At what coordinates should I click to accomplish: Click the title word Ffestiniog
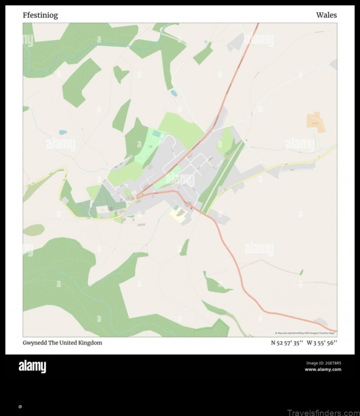tap(40, 15)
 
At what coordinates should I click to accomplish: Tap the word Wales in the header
tap(326, 15)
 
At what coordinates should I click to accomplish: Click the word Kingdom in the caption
tap(90, 343)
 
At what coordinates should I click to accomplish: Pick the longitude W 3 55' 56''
tap(322, 343)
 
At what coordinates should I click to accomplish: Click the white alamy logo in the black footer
tap(32, 367)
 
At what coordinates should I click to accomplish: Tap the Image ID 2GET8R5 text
tap(324, 363)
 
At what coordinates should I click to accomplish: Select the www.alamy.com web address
tap(323, 370)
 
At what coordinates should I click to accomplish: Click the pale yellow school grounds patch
tap(178, 215)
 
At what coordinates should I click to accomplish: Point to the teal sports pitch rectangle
tap(156, 134)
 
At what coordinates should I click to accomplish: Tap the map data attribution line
tap(305, 333)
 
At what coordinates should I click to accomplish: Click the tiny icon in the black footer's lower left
tap(20, 407)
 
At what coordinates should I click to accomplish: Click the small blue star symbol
tap(206, 42)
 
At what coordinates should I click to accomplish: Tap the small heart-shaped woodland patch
tap(120, 73)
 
